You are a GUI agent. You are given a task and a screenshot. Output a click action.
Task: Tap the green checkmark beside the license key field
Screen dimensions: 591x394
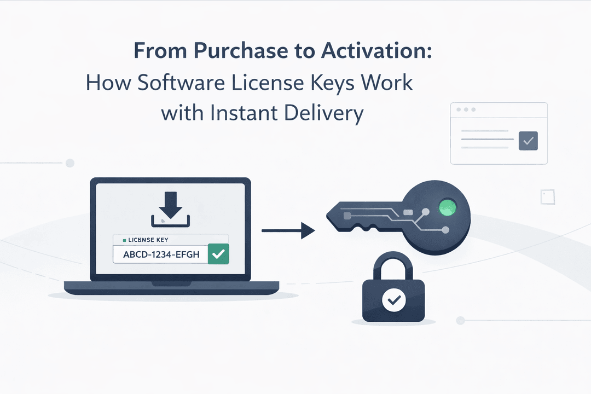tap(218, 254)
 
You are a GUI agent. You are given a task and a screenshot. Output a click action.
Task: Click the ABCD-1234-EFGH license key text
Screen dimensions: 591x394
tap(161, 254)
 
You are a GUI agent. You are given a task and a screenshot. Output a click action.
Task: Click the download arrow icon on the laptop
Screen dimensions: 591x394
tap(170, 209)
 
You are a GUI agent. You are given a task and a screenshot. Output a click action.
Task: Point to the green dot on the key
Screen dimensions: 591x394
tap(448, 207)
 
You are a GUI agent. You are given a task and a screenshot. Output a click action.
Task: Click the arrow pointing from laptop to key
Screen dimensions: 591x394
tap(288, 230)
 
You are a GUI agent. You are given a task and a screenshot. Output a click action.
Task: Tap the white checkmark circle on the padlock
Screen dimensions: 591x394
tap(393, 300)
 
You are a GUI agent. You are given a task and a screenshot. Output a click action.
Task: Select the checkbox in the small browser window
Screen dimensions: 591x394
tap(528, 141)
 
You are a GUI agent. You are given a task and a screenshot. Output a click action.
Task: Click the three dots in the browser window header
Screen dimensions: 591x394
tap(466, 109)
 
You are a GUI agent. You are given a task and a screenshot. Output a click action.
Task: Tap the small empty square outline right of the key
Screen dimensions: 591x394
tap(548, 197)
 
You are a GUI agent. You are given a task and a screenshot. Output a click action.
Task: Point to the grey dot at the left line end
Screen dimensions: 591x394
tap(69, 163)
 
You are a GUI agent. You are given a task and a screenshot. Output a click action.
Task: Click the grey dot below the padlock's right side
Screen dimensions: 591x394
tap(460, 321)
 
